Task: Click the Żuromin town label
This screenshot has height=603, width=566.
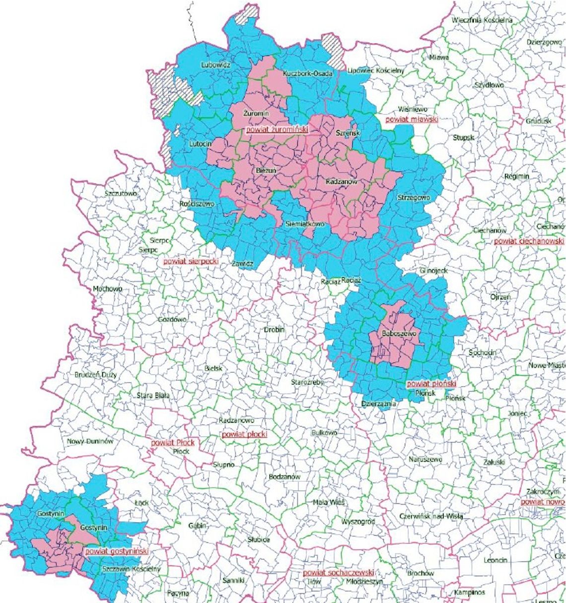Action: [x=256, y=114]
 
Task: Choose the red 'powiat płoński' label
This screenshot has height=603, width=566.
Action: [x=431, y=384]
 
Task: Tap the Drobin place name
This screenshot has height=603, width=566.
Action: [x=274, y=329]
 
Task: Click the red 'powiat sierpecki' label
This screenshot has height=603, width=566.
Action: [x=191, y=261]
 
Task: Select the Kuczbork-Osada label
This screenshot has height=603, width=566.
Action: [x=307, y=73]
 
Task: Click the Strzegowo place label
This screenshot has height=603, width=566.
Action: [x=414, y=198]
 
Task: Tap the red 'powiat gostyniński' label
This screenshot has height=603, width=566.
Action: [x=117, y=551]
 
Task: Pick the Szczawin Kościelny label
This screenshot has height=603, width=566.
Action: [x=132, y=569]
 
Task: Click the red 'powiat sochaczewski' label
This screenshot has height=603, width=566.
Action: [x=338, y=572]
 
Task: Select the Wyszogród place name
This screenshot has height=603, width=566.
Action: [x=358, y=522]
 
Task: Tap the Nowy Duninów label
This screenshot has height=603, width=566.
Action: [x=91, y=441]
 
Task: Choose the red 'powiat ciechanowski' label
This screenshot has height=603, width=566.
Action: [x=529, y=241]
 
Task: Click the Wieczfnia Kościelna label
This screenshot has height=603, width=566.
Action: [x=482, y=20]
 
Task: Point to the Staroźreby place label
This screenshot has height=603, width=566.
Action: [x=308, y=383]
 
